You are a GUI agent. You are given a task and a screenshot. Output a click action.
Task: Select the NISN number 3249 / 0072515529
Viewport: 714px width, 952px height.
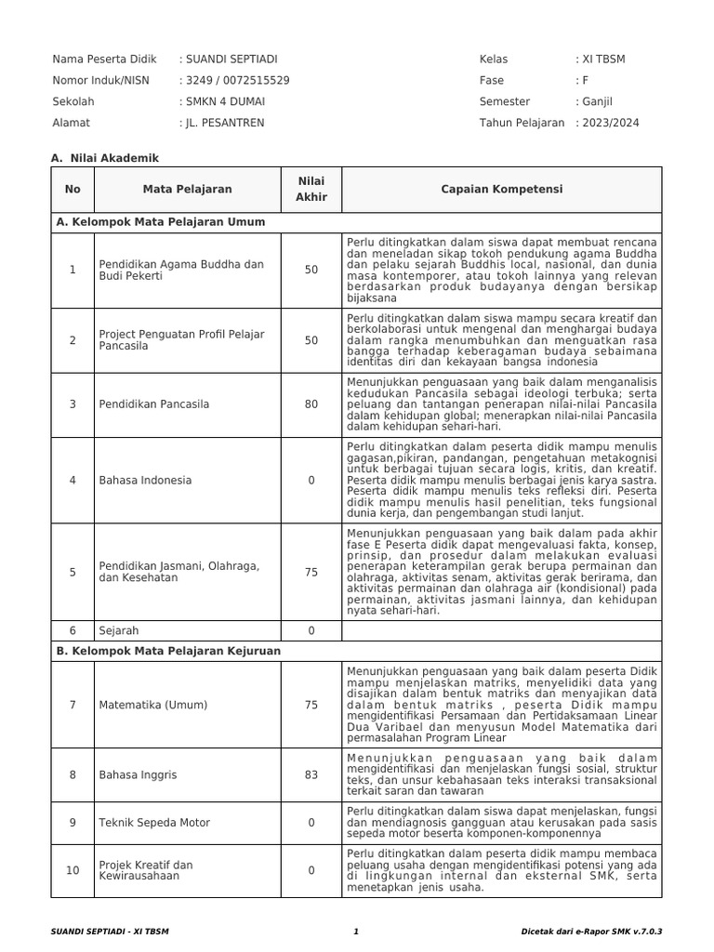237,81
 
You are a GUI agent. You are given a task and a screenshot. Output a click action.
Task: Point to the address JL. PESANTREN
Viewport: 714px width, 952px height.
224,123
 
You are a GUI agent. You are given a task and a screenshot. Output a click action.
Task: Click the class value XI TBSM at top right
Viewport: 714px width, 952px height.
603,59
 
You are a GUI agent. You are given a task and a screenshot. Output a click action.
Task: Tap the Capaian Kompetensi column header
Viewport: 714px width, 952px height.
501,190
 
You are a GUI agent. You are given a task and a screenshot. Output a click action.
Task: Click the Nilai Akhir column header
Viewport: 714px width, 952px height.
311,190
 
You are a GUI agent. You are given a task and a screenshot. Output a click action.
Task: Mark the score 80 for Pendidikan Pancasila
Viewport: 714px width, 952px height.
311,404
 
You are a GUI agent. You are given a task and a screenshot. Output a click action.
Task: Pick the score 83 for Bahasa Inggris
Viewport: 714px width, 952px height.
311,774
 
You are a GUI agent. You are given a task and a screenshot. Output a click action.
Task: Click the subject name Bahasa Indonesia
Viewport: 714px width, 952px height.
145,481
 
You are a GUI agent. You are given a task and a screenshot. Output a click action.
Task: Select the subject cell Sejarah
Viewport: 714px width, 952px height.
118,630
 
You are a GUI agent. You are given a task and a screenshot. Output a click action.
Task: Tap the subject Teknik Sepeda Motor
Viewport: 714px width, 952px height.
154,823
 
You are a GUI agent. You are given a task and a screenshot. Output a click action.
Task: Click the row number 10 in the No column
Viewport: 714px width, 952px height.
73,871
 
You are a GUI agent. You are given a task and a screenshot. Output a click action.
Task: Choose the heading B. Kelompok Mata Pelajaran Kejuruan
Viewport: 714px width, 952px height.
168,652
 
